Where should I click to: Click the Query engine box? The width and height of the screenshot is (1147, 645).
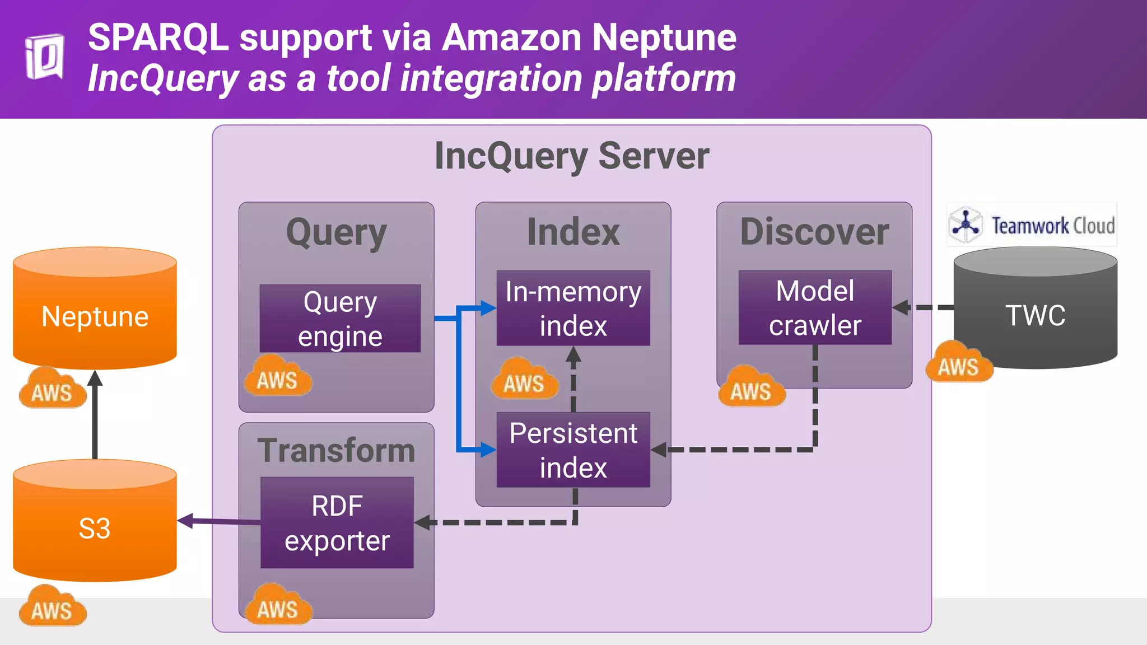[x=340, y=318]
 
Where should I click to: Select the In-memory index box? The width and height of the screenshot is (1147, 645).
[x=573, y=308]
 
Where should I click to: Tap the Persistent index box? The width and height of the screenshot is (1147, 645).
[x=573, y=450]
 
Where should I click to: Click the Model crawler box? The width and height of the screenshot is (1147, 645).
[x=815, y=307]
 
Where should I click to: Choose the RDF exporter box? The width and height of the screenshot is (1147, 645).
[x=337, y=522]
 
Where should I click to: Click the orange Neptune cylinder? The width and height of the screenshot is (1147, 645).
[x=95, y=316]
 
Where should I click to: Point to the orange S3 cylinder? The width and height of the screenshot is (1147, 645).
[x=95, y=528]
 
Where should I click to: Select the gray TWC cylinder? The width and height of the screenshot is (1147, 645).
[x=1035, y=315]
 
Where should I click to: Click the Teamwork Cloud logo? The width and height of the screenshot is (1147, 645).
[x=1032, y=225]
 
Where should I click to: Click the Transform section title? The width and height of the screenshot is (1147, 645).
[x=336, y=450]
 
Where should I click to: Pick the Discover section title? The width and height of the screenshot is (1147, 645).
[x=814, y=231]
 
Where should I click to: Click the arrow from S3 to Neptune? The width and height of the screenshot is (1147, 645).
[x=95, y=417]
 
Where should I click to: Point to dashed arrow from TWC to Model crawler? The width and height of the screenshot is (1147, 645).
[x=924, y=307]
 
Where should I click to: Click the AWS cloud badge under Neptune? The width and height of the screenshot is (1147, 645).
[x=53, y=389]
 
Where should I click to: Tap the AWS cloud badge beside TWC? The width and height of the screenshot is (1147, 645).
[x=959, y=364]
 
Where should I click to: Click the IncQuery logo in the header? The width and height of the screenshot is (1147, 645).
[x=44, y=57]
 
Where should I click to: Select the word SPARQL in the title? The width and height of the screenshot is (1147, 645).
[x=158, y=38]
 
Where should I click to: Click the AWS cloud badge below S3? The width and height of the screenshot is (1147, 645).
[x=53, y=607]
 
